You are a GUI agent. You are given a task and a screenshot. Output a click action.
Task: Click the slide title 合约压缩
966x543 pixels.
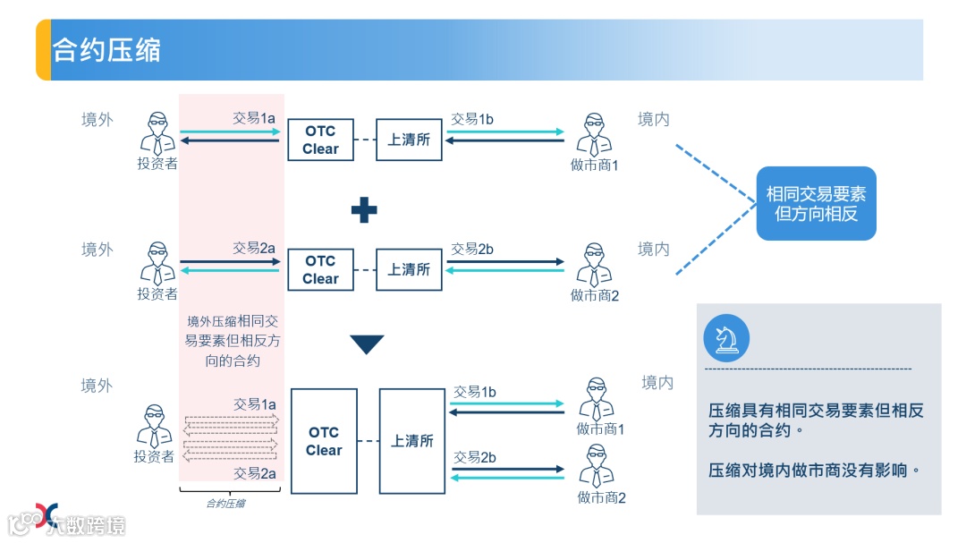(x=106, y=50)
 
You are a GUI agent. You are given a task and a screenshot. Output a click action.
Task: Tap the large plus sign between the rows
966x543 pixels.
(x=363, y=210)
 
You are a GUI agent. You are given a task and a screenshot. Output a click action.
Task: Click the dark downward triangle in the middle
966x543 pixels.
(x=367, y=344)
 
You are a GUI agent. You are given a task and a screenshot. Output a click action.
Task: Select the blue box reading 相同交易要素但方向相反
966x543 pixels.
(x=816, y=203)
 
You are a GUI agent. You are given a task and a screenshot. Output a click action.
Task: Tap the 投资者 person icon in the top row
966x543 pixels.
(x=157, y=132)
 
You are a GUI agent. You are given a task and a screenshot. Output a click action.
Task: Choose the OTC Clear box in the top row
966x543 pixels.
(x=320, y=140)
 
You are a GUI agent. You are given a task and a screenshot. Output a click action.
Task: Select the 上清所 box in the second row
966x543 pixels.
(x=409, y=269)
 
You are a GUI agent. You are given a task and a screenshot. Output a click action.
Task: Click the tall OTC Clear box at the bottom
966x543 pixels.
(x=324, y=441)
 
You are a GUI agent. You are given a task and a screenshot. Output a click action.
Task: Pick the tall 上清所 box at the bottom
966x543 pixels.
(x=411, y=441)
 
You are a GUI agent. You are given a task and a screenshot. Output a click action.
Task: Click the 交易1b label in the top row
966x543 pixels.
(x=472, y=119)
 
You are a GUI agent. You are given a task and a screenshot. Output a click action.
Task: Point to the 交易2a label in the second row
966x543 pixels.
(x=254, y=249)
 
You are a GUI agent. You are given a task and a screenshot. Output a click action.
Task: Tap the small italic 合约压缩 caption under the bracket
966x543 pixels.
(x=225, y=504)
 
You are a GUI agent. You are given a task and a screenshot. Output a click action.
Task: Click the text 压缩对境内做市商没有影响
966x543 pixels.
(x=814, y=470)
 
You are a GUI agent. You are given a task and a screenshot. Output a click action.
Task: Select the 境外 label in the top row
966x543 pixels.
(x=97, y=120)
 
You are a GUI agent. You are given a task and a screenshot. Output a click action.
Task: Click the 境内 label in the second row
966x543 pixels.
(x=654, y=250)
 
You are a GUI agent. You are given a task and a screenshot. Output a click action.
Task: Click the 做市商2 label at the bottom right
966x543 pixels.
(x=601, y=497)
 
